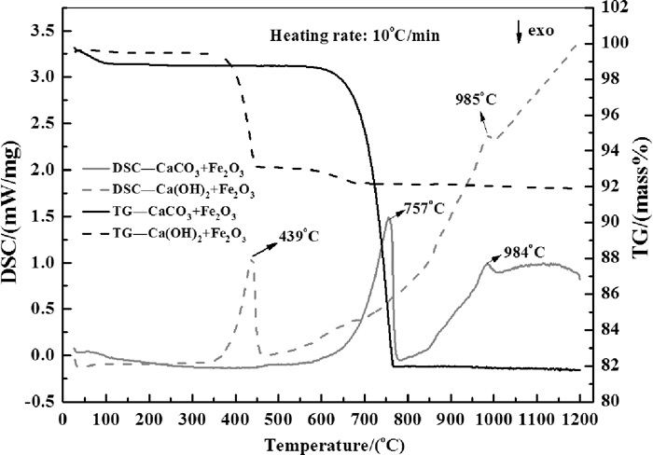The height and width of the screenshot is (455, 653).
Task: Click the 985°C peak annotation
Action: click(477, 98)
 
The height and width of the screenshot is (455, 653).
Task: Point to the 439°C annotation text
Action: click(299, 236)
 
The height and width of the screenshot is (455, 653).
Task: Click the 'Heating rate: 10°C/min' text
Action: click(354, 37)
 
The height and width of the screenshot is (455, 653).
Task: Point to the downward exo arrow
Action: click(520, 33)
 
